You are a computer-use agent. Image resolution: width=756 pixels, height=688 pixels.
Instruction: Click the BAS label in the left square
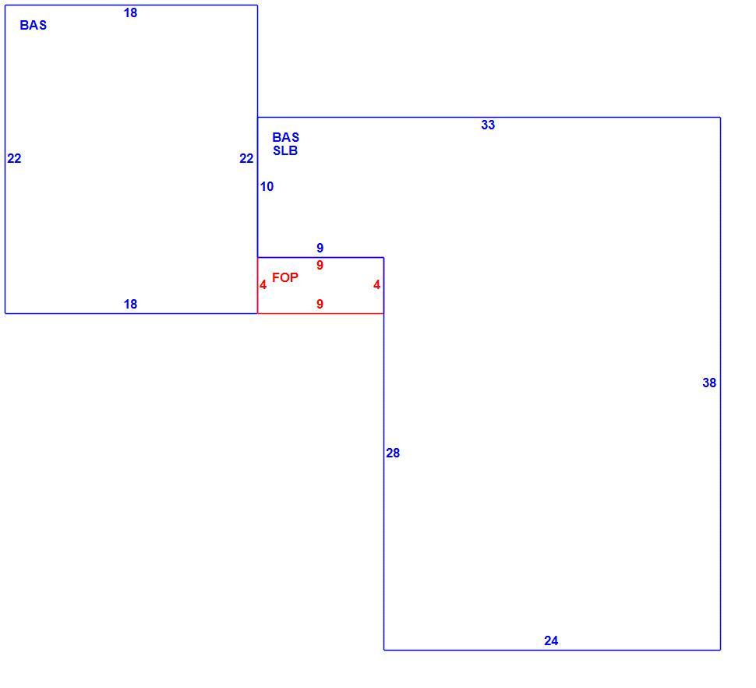(x=34, y=25)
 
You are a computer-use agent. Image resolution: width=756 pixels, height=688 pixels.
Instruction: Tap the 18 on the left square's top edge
(x=130, y=13)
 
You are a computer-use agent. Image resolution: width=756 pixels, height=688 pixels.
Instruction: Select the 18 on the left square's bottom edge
(x=130, y=304)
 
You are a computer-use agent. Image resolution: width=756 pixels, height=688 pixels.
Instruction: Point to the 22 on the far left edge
(x=15, y=159)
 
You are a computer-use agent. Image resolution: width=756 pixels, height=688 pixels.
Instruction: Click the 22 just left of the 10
(x=246, y=159)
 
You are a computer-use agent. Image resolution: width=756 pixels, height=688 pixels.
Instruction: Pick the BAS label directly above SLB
(x=285, y=137)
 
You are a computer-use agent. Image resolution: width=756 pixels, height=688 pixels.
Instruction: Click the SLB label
(x=285, y=151)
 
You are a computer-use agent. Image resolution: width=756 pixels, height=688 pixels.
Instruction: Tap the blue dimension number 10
(x=267, y=186)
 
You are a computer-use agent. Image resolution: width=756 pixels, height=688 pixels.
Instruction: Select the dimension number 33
(x=488, y=125)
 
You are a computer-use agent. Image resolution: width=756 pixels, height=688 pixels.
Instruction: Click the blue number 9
(x=320, y=248)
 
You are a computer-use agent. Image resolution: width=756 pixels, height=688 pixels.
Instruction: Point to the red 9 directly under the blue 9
(x=320, y=265)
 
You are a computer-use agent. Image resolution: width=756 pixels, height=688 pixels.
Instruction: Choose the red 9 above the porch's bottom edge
(x=320, y=304)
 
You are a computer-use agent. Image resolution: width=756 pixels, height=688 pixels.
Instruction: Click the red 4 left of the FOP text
(x=263, y=285)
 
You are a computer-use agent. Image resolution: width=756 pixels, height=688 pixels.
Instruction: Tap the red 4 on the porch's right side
(x=376, y=285)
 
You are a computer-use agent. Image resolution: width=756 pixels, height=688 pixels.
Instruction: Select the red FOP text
(x=285, y=277)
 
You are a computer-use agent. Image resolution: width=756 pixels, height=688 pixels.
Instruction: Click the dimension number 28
(x=393, y=453)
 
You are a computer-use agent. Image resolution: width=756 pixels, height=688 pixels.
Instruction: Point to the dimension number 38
(x=709, y=383)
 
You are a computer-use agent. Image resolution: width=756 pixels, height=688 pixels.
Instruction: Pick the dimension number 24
(x=551, y=640)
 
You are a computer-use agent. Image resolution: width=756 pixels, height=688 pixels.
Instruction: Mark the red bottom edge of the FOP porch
(x=320, y=313)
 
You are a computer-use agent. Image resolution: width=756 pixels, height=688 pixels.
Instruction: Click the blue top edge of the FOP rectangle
(x=320, y=257)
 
